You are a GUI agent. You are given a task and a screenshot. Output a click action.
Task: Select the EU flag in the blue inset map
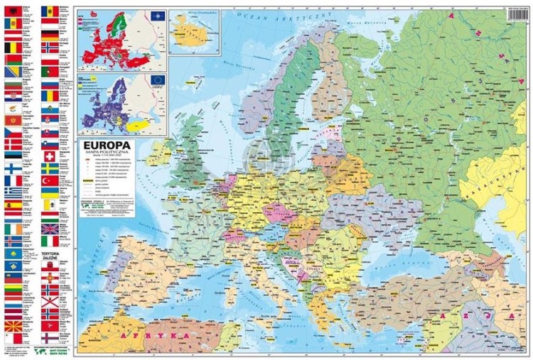[x=157, y=79]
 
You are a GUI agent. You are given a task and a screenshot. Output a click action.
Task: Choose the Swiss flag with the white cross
[x=49, y=151]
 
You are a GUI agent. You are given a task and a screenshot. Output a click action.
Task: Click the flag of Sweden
[x=49, y=169]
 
